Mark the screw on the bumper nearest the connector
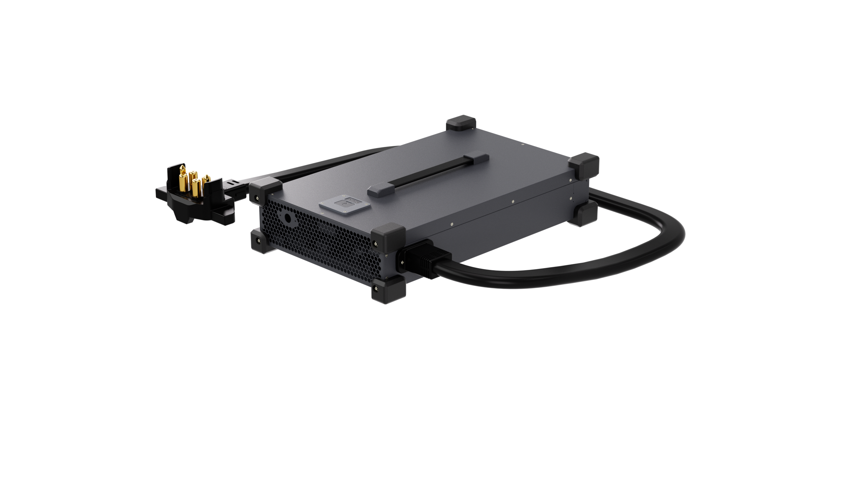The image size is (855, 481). pos(256,198)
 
